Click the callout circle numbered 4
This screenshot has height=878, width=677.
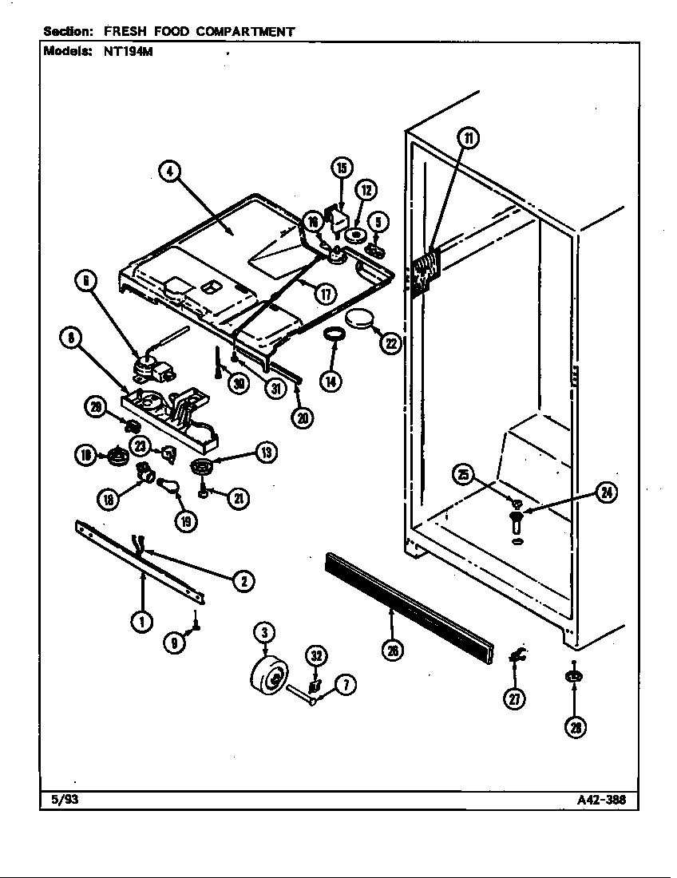tap(169, 171)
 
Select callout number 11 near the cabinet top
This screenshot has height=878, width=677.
tap(469, 138)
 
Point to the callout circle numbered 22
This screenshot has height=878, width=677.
tap(390, 342)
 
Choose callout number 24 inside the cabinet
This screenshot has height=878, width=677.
tap(608, 492)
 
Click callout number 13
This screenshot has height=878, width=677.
tap(265, 453)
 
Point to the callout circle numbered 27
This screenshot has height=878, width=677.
tap(515, 698)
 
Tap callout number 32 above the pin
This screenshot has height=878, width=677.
tap(315, 657)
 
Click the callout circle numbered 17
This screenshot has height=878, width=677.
tap(325, 293)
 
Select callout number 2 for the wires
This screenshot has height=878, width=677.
tap(243, 581)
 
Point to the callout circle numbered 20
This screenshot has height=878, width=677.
tap(303, 417)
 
